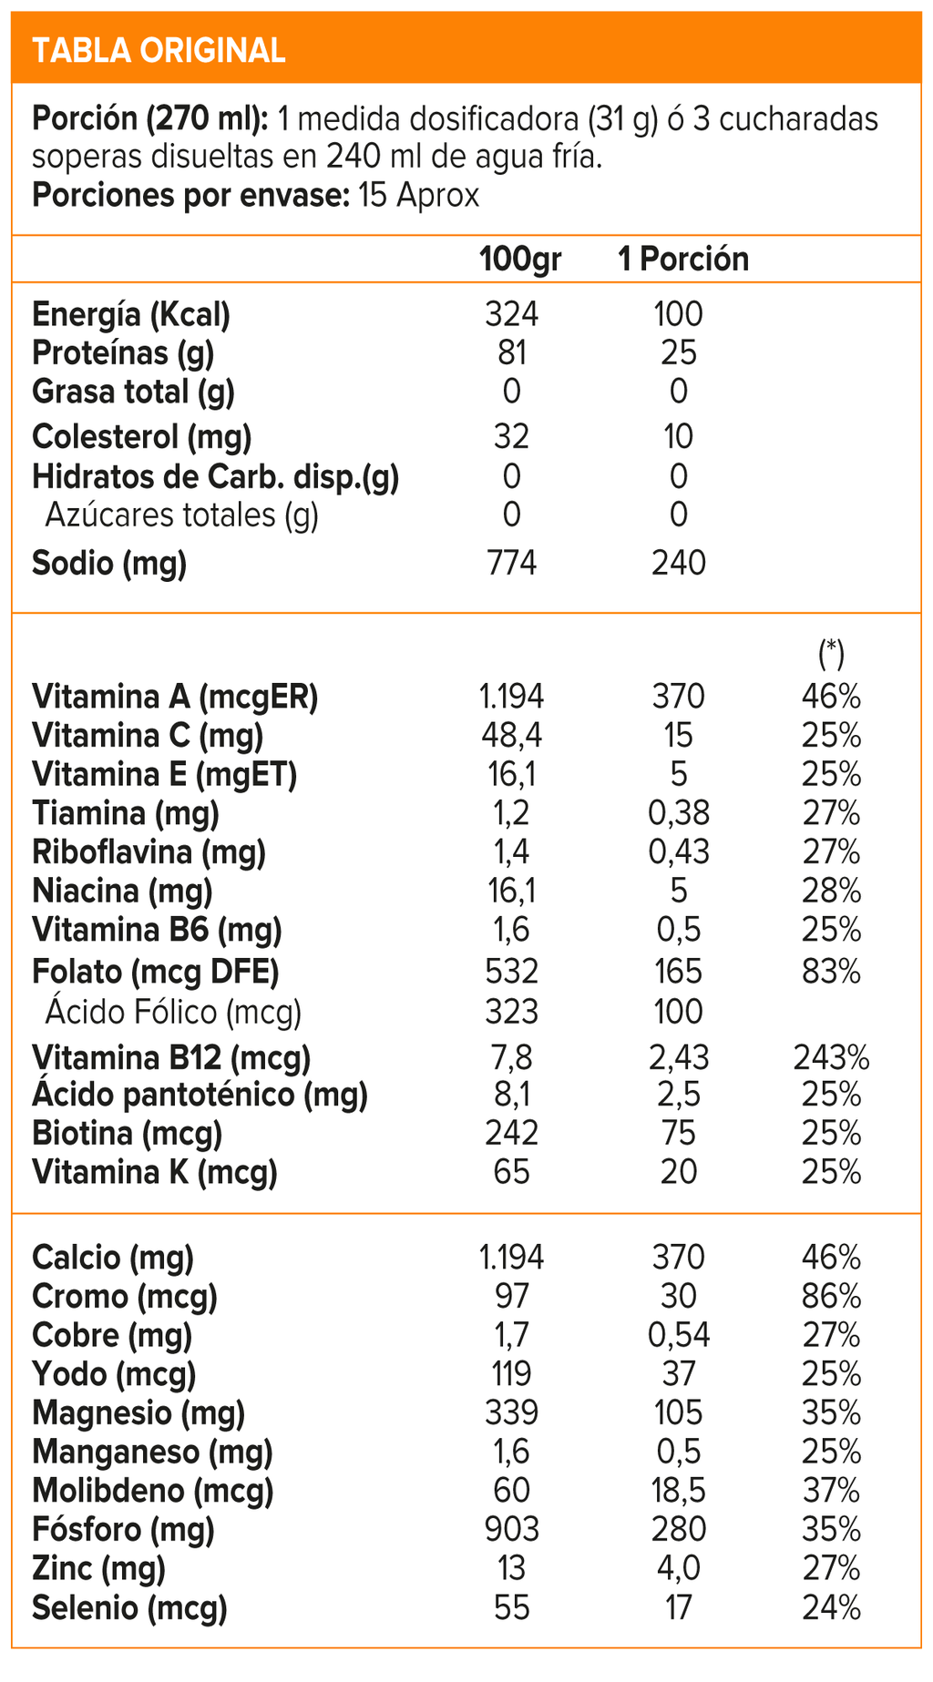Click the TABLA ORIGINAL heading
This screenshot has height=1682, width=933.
(x=159, y=50)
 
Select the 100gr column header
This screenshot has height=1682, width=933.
(x=520, y=260)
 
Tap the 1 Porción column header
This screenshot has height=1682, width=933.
(x=683, y=260)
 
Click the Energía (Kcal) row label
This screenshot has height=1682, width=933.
(x=130, y=315)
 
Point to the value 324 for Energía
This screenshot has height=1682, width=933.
(x=511, y=315)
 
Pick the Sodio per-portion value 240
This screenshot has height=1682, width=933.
(x=679, y=563)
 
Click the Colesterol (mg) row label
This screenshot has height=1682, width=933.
(x=141, y=437)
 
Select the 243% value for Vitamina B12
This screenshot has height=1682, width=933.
(x=831, y=1058)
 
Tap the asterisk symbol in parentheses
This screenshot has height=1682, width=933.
(x=831, y=652)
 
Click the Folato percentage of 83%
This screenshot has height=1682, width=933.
(x=831, y=972)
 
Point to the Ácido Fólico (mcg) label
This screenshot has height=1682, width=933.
(x=173, y=1012)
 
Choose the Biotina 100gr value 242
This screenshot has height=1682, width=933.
(x=511, y=1134)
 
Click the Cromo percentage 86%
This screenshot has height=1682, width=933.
(x=831, y=1297)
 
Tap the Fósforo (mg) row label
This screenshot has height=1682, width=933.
(x=123, y=1530)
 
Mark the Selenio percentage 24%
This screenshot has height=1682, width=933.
(x=831, y=1608)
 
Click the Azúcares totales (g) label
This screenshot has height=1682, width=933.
(x=182, y=515)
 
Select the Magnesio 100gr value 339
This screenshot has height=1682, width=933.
(x=511, y=1413)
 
